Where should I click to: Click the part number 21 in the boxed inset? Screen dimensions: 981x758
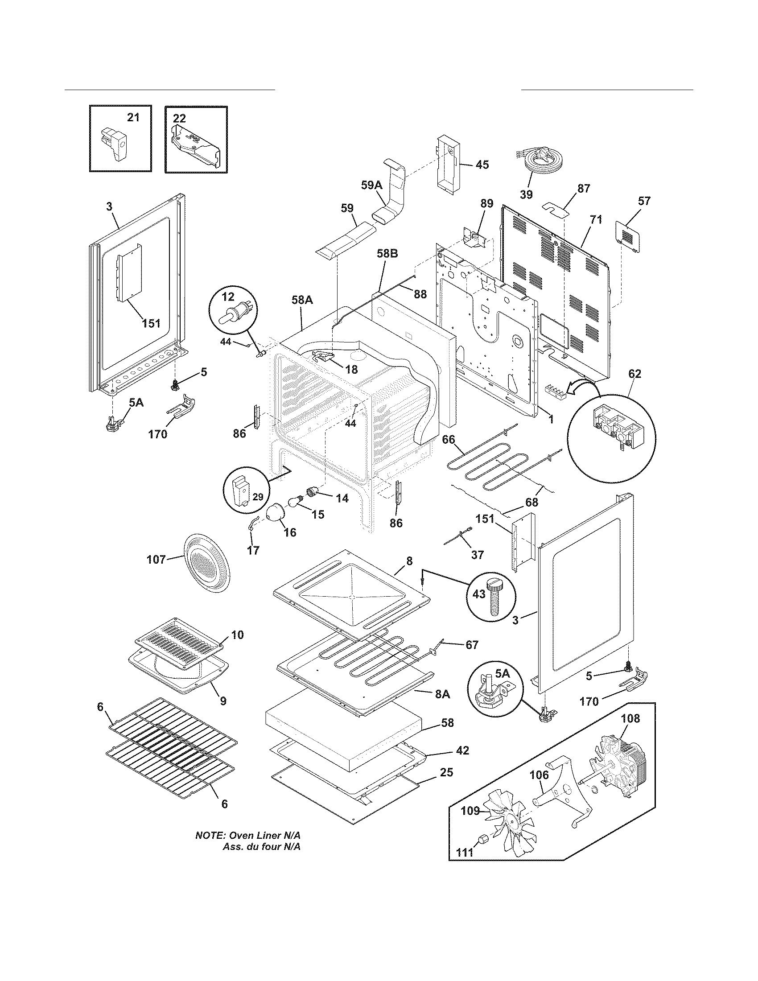tap(133, 117)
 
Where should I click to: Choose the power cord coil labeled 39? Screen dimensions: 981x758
tap(535, 162)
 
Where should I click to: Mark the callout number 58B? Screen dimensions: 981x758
tap(387, 254)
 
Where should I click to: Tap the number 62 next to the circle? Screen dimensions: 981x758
tap(634, 373)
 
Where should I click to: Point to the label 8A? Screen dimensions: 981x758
tap(442, 694)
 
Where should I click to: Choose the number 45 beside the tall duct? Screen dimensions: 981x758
tap(482, 165)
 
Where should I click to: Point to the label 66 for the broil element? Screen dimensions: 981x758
tap(448, 439)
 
